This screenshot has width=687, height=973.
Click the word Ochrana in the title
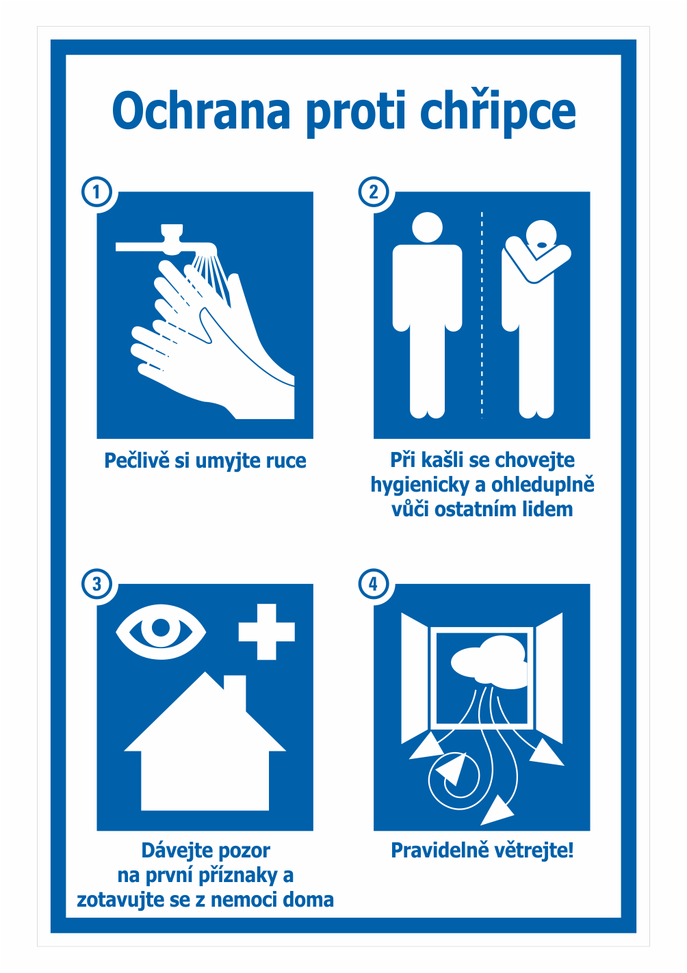point(201,111)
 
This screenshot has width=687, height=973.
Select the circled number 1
point(96,192)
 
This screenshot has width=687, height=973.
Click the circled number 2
point(374,192)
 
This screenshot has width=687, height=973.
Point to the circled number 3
point(96,584)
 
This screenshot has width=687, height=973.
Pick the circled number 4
point(374,584)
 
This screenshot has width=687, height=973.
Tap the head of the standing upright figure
point(427,227)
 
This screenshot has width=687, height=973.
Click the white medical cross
point(267,632)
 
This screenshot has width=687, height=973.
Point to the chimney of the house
point(235,688)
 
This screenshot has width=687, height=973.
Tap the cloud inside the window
point(489,663)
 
